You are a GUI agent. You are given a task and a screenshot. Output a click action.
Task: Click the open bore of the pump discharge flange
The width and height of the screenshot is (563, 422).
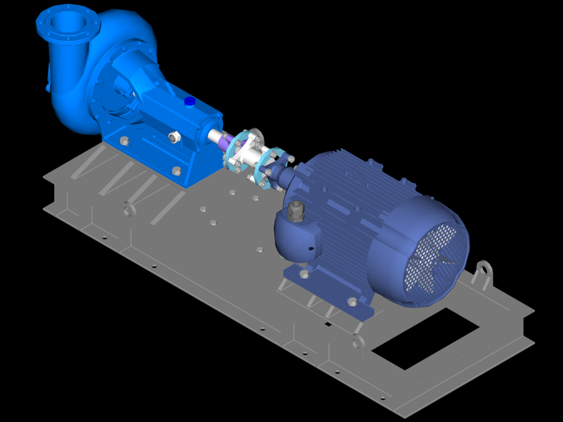coord(68,24)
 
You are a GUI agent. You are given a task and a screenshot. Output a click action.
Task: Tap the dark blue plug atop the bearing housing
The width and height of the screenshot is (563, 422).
coord(189,102)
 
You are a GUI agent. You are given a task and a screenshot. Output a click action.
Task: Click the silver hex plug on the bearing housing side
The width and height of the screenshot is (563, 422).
coord(174,137)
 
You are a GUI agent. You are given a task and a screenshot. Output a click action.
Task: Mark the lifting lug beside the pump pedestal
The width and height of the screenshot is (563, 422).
coord(129,210)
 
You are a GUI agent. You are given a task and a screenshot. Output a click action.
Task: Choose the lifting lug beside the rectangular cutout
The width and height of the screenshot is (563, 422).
coord(357,342)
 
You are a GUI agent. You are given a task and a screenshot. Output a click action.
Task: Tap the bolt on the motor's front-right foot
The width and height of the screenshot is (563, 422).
coord(352,301)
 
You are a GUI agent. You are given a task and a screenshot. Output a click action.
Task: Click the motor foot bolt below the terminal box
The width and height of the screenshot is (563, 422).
coord(304,274)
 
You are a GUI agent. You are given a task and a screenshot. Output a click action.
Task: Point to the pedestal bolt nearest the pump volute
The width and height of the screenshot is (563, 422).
coord(124,140)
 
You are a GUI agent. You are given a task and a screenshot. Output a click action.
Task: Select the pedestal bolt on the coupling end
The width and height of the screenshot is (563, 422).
coord(177,171)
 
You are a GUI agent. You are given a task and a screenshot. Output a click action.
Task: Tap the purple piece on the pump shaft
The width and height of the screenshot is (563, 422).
coord(226,139)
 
